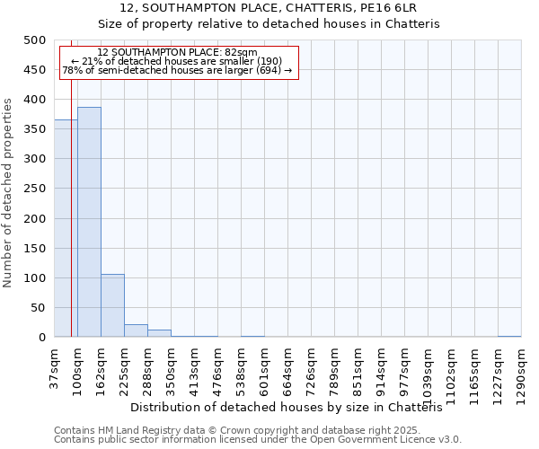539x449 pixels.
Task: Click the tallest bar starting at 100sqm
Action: click(89, 222)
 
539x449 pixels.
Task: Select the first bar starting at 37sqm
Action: click(66, 228)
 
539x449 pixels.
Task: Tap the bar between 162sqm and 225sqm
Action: click(112, 305)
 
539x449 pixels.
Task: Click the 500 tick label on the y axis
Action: click(34, 40)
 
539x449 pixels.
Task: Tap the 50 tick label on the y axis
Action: click(38, 308)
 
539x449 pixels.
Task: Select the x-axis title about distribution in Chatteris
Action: click(293, 407)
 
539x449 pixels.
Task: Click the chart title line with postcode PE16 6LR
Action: click(269, 8)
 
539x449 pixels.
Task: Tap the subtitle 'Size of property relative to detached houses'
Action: click(269, 24)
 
